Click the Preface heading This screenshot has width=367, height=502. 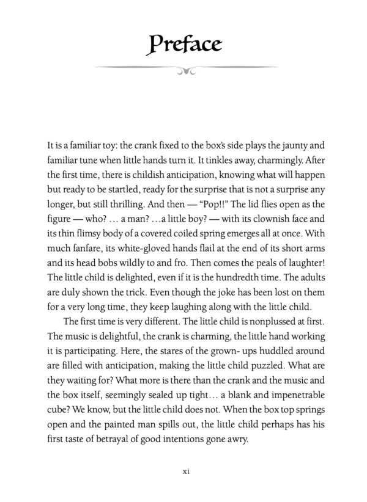[183, 43]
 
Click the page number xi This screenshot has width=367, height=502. [183, 471]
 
